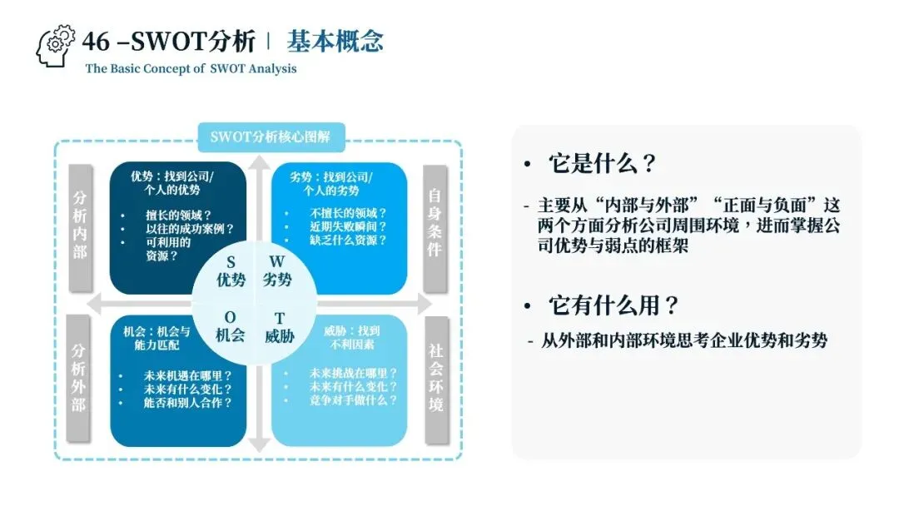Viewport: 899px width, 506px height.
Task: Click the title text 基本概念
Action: click(x=335, y=42)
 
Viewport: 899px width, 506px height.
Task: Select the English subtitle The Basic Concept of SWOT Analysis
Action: click(x=191, y=68)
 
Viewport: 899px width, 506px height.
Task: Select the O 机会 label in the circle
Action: click(x=231, y=327)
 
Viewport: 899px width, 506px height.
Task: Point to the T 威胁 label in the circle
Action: click(x=279, y=327)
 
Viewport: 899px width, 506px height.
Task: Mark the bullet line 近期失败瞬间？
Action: click(x=348, y=227)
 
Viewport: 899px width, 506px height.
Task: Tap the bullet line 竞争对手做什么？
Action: click(x=353, y=400)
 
